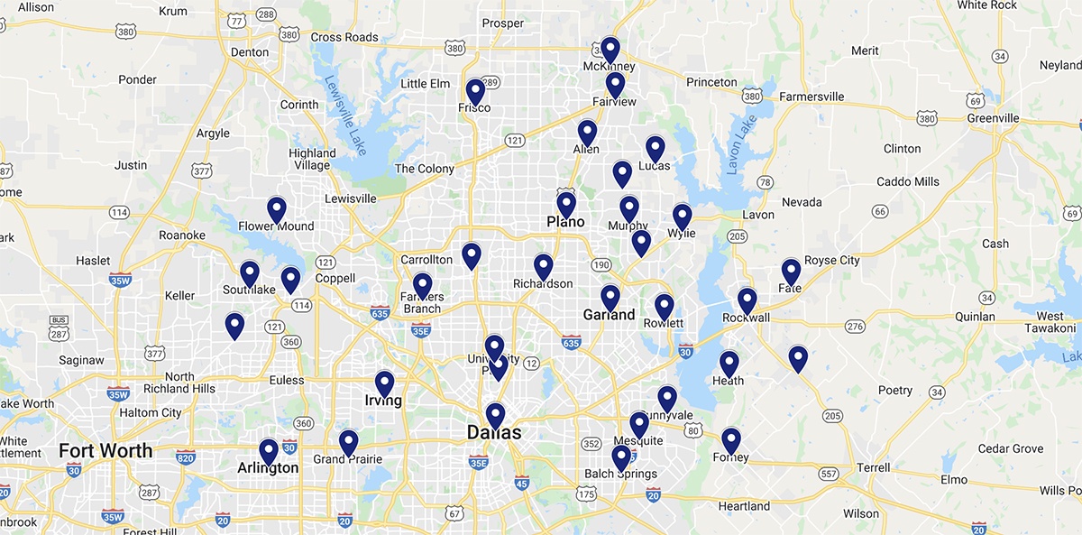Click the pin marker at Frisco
click(475, 92)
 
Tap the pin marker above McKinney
click(610, 49)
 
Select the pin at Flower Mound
click(277, 209)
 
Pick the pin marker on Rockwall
click(747, 300)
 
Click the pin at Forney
click(731, 440)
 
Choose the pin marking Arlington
click(269, 451)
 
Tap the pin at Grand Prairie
click(348, 442)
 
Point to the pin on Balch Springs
click(621, 458)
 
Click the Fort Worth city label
click(105, 450)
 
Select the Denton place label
click(250, 52)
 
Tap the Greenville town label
click(993, 118)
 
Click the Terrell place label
click(872, 468)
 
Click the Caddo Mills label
click(907, 181)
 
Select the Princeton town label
click(711, 82)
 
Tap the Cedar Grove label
click(1011, 448)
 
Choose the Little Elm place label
click(425, 84)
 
